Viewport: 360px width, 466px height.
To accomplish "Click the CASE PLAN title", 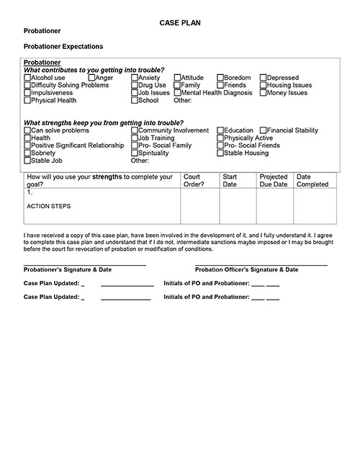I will pyautogui.click(x=180, y=24).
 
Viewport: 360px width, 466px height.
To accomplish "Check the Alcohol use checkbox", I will pyautogui.click(x=27, y=78).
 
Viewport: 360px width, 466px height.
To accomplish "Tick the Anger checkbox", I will pyautogui.click(x=91, y=78).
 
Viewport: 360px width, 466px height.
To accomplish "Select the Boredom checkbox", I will pyautogui.click(x=220, y=78).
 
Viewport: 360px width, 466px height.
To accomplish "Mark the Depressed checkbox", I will pyautogui.click(x=263, y=78).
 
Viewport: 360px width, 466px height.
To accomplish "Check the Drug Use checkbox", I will pyautogui.click(x=135, y=85).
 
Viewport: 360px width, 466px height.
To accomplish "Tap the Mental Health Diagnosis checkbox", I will pyautogui.click(x=177, y=93).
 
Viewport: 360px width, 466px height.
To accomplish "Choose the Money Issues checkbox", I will pyautogui.click(x=263, y=93).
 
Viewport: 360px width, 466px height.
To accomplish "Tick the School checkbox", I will pyautogui.click(x=135, y=101).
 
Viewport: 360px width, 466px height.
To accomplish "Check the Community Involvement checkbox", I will pyautogui.click(x=135, y=130).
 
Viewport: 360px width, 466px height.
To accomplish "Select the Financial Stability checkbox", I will pyautogui.click(x=263, y=130).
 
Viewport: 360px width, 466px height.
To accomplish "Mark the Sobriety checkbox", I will pyautogui.click(x=27, y=153).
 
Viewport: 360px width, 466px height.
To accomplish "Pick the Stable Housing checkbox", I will pyautogui.click(x=220, y=153).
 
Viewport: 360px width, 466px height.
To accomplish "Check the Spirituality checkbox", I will pyautogui.click(x=135, y=153).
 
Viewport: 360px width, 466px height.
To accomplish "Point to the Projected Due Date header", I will pyautogui.click(x=273, y=180).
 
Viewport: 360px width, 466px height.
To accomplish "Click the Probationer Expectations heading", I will pyautogui.click(x=63, y=47).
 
